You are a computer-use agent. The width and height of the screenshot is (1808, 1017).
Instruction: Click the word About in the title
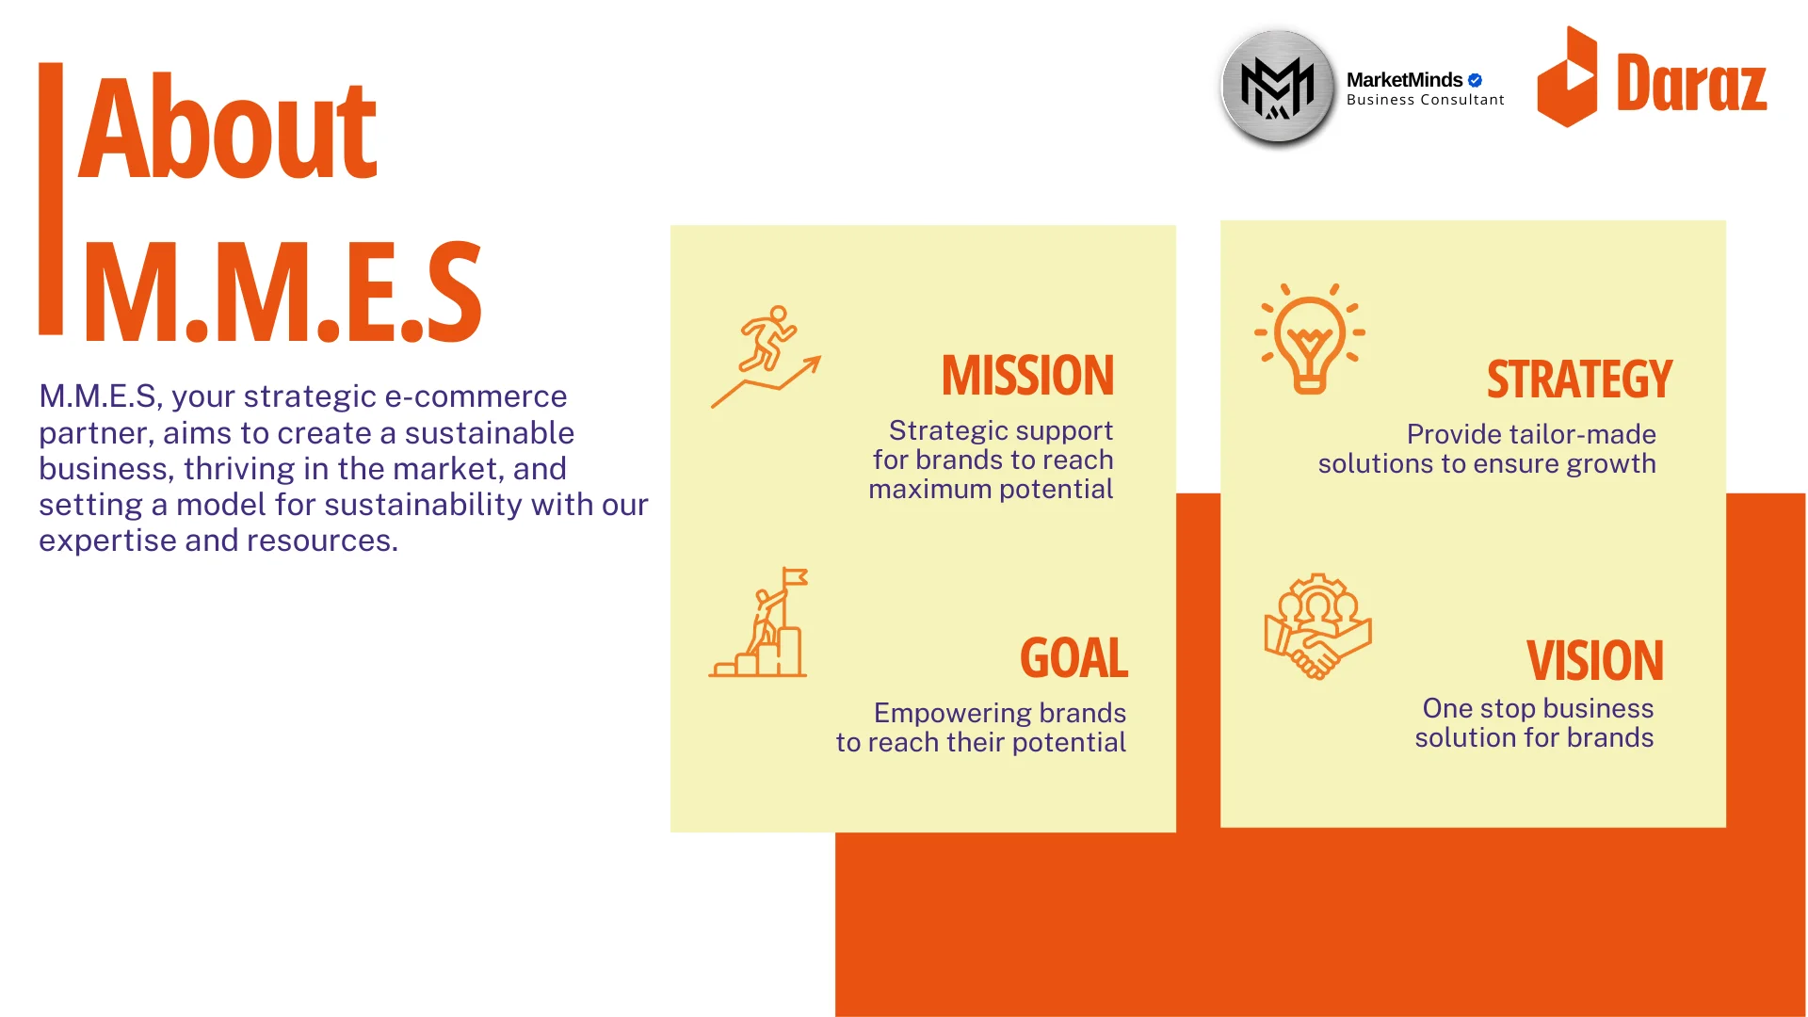tap(228, 127)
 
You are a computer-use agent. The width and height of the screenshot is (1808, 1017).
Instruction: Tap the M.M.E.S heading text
tap(282, 292)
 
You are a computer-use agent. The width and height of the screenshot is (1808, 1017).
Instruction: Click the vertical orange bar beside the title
tap(51, 199)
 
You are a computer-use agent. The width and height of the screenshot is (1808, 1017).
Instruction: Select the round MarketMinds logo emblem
tap(1278, 88)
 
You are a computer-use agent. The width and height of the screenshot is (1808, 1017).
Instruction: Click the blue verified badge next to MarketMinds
tap(1475, 80)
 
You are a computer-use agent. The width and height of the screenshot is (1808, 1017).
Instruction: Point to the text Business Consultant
tap(1425, 100)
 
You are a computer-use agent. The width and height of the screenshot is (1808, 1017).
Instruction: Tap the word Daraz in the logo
tap(1691, 84)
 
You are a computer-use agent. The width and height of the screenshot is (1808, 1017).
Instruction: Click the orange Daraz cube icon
tap(1567, 76)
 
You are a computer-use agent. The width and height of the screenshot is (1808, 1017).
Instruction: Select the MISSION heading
tap(1027, 376)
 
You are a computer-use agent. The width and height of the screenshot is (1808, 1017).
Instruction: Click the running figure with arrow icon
tap(766, 356)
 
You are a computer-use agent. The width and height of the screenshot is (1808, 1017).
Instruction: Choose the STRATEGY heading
tap(1579, 379)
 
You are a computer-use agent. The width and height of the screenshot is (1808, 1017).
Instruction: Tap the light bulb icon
tap(1310, 338)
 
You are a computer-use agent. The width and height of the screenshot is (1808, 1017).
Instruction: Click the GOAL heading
tap(1073, 658)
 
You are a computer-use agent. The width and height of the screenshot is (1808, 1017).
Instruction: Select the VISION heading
tap(1594, 661)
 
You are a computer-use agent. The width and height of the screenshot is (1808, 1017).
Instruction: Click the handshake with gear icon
tap(1317, 626)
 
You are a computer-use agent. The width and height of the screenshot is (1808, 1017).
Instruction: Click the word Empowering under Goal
tap(952, 714)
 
